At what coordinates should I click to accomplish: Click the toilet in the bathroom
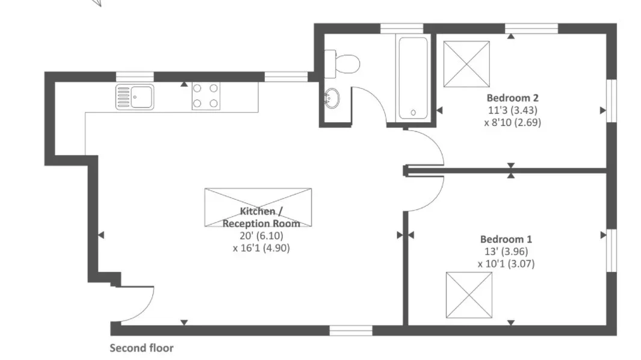342,64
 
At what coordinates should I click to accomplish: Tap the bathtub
413,78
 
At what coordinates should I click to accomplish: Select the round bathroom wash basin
332,98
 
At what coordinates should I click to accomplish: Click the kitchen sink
134,97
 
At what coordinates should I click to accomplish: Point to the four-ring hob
206,96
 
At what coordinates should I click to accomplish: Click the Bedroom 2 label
512,98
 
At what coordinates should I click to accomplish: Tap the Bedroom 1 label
506,239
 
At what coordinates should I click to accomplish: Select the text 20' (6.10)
261,235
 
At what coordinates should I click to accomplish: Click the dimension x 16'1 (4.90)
261,248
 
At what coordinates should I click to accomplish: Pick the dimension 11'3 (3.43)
512,110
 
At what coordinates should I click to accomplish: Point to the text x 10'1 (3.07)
506,264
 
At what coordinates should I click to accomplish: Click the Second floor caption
141,348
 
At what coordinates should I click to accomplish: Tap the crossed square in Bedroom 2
466,64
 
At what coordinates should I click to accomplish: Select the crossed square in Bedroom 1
469,295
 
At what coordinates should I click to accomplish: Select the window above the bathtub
401,28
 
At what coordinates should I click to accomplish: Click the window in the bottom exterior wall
351,330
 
